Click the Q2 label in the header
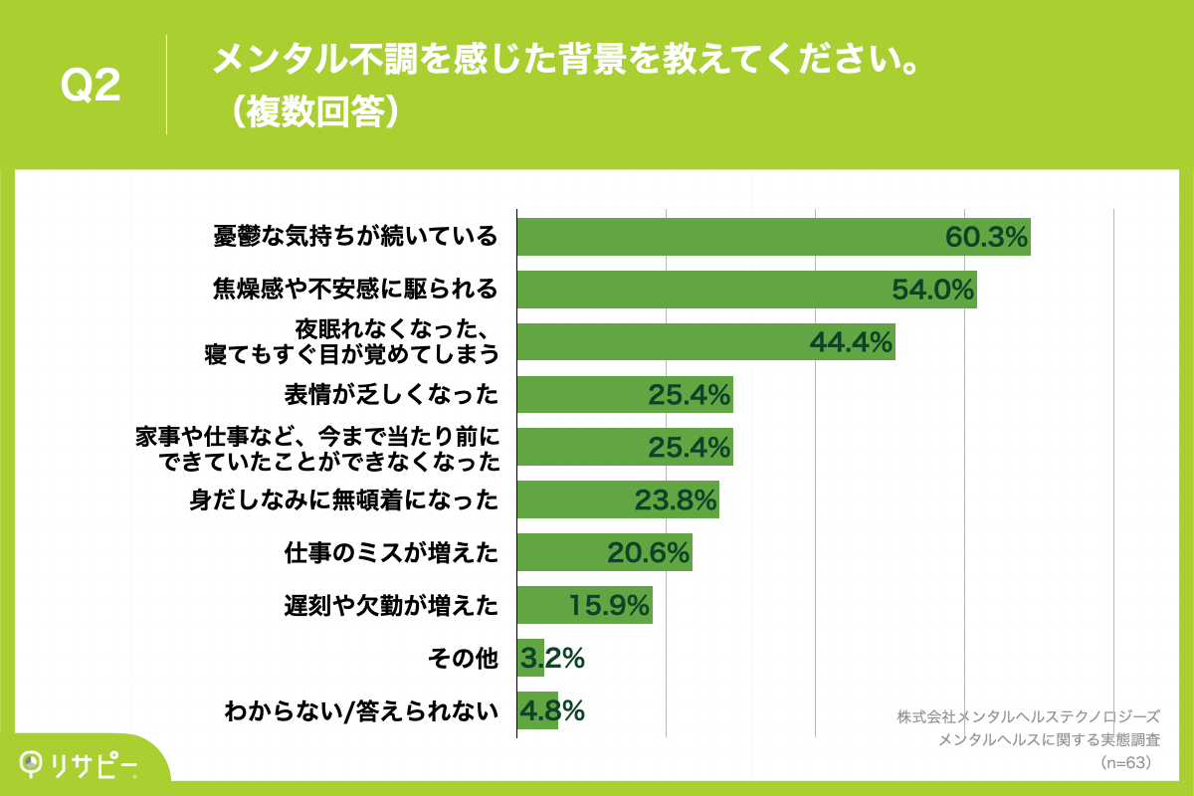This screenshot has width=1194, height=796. point(91,86)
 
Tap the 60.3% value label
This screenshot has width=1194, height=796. point(985,237)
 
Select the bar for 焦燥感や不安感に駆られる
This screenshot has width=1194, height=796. point(746,290)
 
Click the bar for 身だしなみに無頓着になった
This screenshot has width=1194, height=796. point(617,500)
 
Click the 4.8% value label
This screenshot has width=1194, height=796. point(551,711)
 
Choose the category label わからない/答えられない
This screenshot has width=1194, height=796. point(359,711)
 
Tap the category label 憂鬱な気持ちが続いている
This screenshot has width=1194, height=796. point(355,237)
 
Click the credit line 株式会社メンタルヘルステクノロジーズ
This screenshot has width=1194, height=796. point(1028,716)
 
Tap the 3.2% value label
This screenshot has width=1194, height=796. point(551,659)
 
